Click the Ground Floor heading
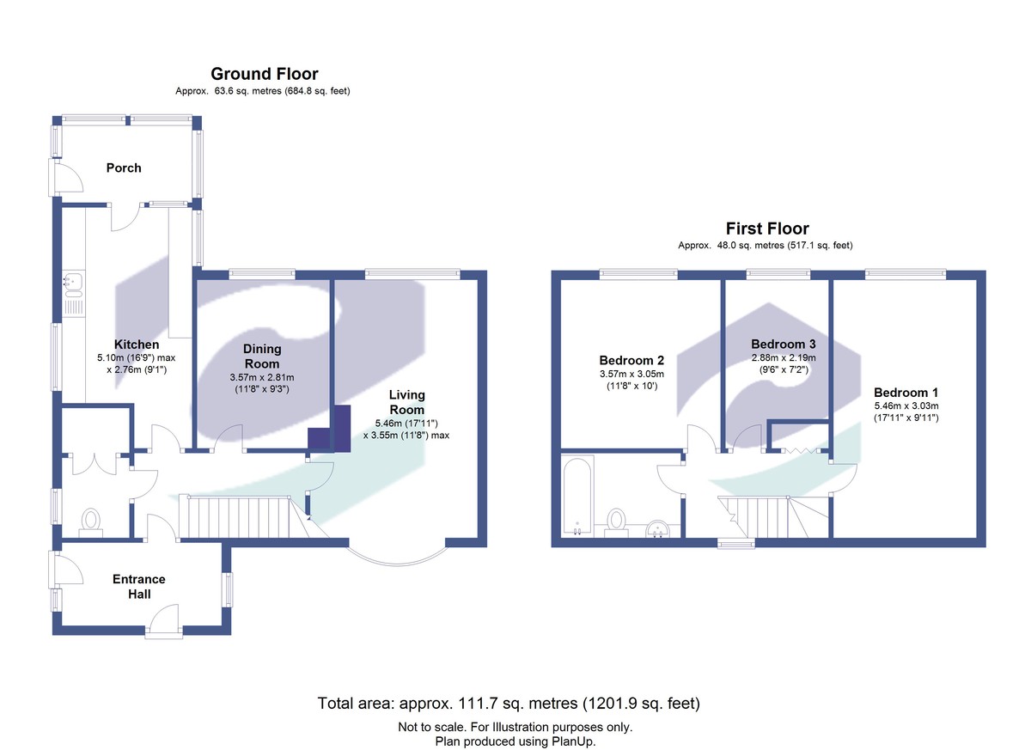click(264, 74)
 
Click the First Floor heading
click(766, 229)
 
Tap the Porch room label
click(124, 168)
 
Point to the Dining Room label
click(262, 357)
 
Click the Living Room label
click(406, 402)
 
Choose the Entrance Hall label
click(138, 586)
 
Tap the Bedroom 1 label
click(902, 393)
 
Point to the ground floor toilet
click(90, 521)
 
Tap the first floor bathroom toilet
click(616, 521)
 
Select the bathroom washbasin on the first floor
click(659, 527)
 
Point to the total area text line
click(509, 704)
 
